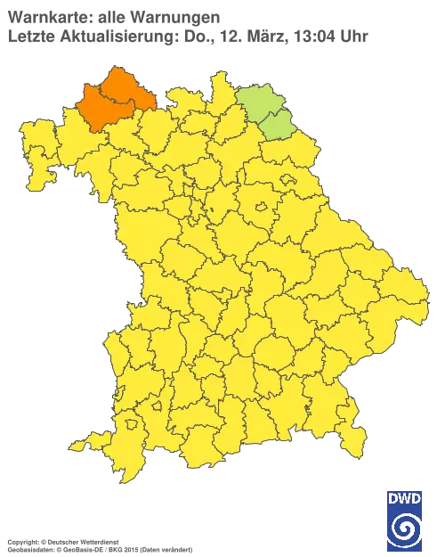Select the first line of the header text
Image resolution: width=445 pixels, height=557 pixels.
[x=111, y=15]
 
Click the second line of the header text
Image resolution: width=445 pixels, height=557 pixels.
[x=187, y=36]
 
